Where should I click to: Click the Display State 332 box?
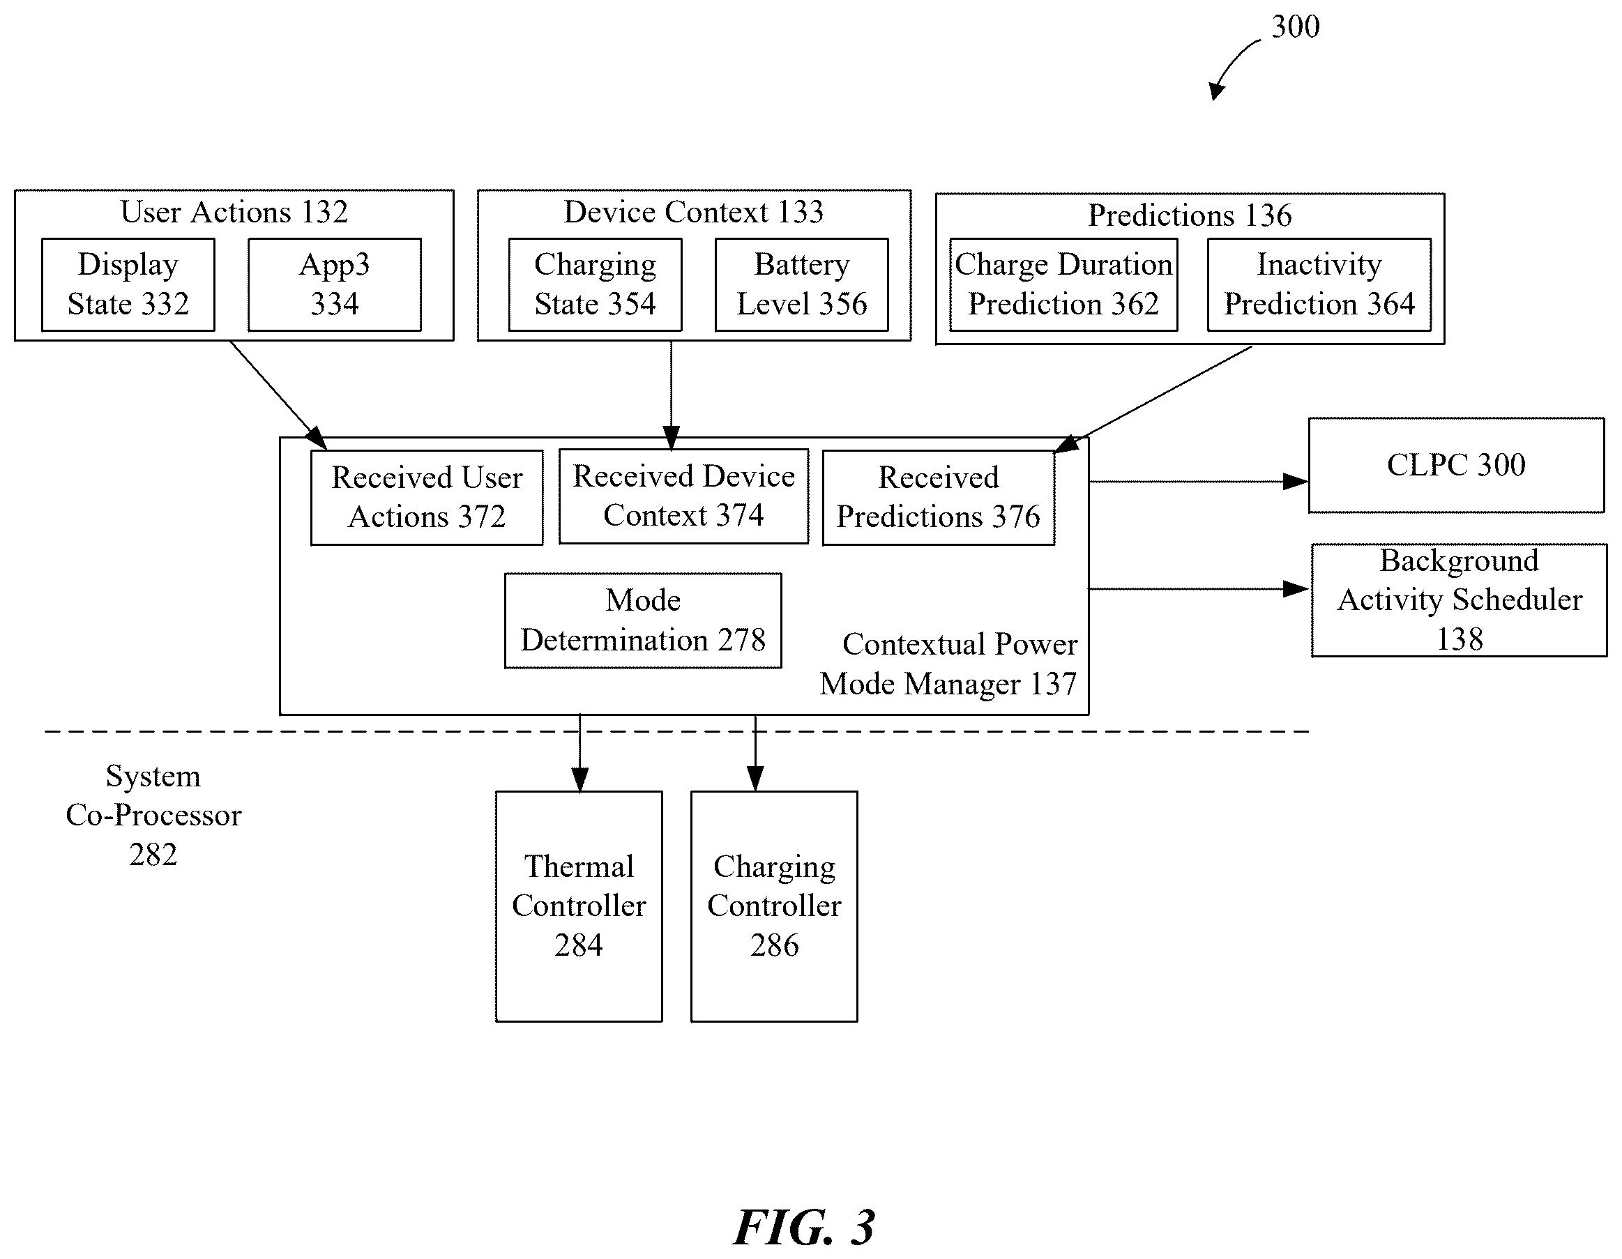tap(128, 284)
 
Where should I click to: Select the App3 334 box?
tap(334, 284)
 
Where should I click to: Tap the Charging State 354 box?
tap(595, 284)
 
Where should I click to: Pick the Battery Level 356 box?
tap(801, 284)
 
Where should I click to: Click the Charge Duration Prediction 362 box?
tap(1063, 284)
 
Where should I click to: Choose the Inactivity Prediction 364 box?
tap(1319, 284)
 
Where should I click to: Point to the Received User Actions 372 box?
tap(427, 497)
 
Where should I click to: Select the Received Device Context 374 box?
tap(683, 496)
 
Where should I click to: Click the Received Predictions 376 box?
tap(939, 497)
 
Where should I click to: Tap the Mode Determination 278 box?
tap(643, 620)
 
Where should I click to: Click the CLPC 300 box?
tap(1457, 466)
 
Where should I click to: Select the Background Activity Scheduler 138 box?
tap(1460, 600)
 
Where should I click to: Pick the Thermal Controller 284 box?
tap(579, 906)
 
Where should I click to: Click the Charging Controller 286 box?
tap(775, 906)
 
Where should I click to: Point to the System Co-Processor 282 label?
tap(153, 815)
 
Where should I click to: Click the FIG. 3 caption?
tap(804, 1227)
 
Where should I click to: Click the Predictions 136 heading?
tap(1190, 215)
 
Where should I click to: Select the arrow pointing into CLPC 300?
tap(1199, 482)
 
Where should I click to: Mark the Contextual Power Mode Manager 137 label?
tap(948, 664)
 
